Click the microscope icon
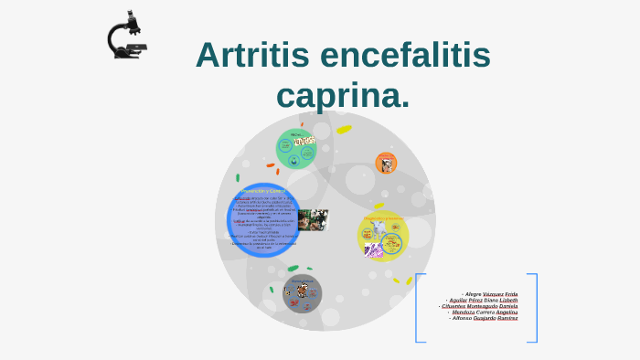[x=126, y=36]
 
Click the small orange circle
[x=386, y=164]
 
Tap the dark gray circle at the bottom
[x=302, y=293]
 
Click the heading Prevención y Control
[x=263, y=192]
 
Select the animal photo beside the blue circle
[x=313, y=219]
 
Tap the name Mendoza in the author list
[x=467, y=312]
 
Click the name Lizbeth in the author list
[x=508, y=300]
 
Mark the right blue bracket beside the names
[x=535, y=308]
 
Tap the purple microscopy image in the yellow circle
[x=374, y=248]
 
